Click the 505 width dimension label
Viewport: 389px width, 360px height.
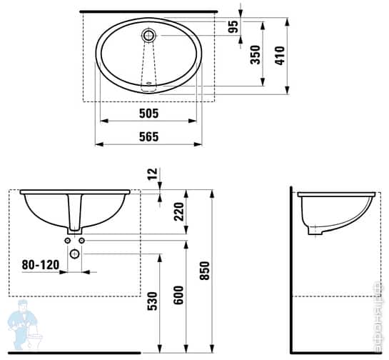pyautogui.click(x=148, y=113)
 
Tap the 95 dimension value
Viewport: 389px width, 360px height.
pyautogui.click(x=233, y=28)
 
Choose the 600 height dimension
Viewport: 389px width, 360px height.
pyautogui.click(x=178, y=294)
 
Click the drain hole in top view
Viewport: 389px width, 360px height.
pyautogui.click(x=149, y=34)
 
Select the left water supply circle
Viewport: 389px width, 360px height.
pyautogui.click(x=68, y=241)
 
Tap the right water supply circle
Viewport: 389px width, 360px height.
pyautogui.click(x=82, y=241)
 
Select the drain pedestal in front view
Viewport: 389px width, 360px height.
pyautogui.click(x=75, y=214)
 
